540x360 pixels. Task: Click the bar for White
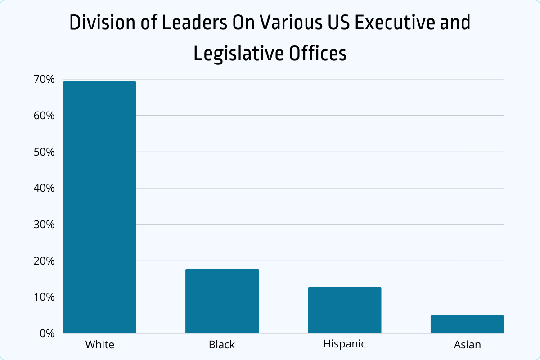click(x=99, y=207)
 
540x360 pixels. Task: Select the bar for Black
click(x=222, y=301)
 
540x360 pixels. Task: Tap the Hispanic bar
click(x=345, y=310)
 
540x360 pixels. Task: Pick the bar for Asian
click(x=467, y=324)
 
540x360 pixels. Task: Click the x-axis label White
click(x=100, y=345)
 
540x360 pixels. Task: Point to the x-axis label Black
click(x=222, y=345)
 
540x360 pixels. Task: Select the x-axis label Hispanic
click(x=345, y=344)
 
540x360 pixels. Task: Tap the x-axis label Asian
click(x=467, y=345)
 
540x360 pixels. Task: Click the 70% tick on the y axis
click(x=44, y=80)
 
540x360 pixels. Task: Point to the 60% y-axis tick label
click(x=44, y=116)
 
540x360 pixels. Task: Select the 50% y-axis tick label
click(x=44, y=152)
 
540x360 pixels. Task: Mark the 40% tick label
click(x=44, y=188)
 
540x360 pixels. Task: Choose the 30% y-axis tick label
click(x=44, y=225)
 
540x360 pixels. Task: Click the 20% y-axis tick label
click(x=44, y=261)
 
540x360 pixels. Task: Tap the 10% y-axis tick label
click(x=44, y=297)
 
